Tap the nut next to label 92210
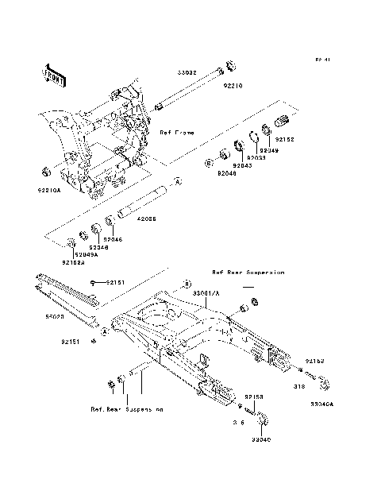(229, 65)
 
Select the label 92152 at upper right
(285, 138)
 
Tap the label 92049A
(87, 254)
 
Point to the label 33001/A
(208, 293)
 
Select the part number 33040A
(322, 404)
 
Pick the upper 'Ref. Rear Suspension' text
(248, 272)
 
